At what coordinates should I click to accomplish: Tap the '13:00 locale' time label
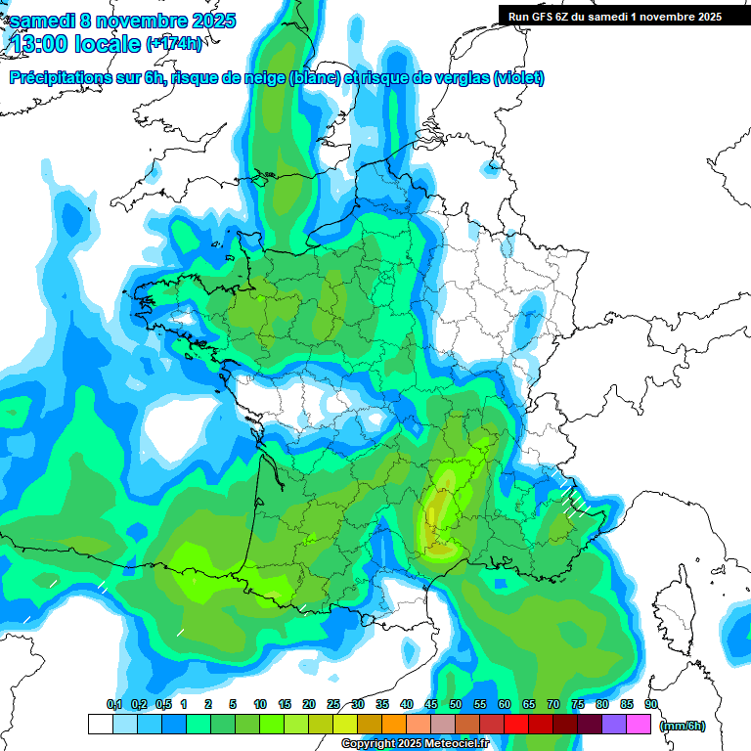point(73,43)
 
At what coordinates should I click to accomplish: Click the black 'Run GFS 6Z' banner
point(614,16)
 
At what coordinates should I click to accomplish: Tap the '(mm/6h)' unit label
point(683,725)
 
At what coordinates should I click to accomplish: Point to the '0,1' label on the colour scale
point(113,704)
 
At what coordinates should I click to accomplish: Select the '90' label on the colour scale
point(651,704)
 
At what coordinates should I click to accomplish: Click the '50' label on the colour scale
point(456,704)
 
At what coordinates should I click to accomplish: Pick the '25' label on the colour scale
point(333,704)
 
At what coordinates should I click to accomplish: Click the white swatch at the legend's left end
point(100,725)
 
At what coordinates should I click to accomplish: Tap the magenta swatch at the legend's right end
point(639,725)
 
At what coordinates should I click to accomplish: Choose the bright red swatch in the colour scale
point(516,725)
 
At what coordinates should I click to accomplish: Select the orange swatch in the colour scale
point(394,725)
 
